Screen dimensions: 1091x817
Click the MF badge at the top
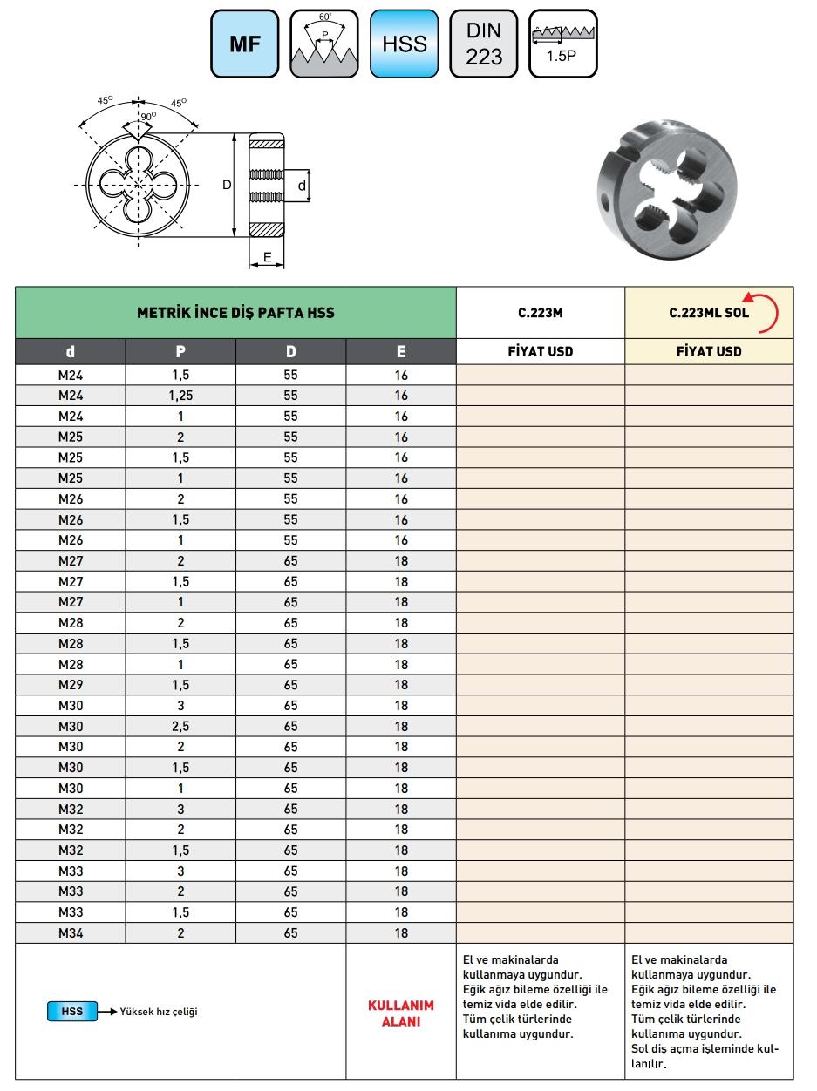(245, 44)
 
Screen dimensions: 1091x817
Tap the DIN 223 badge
(484, 44)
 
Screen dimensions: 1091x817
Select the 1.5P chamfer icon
(563, 44)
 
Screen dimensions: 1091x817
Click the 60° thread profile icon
(324, 44)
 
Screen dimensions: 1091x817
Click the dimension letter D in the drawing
(227, 185)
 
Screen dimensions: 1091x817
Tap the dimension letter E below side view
(268, 257)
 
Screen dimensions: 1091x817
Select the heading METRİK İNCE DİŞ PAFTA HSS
(235, 313)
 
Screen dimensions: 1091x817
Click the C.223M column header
(541, 313)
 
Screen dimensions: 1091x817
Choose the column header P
(180, 352)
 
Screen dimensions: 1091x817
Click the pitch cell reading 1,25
(180, 396)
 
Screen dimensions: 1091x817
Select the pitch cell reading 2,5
(180, 726)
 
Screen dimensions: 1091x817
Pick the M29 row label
(71, 685)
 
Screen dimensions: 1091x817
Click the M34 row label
(71, 933)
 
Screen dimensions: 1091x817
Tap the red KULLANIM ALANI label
(401, 1013)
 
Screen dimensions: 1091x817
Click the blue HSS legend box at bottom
(72, 1012)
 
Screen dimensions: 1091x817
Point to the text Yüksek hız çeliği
(160, 1012)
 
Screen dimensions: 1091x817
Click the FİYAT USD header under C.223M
(541, 352)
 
